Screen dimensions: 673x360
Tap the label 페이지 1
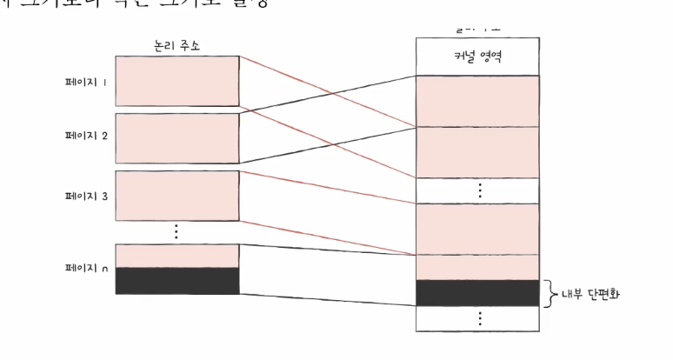pyautogui.click(x=86, y=83)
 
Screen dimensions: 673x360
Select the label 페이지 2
pyautogui.click(x=86, y=137)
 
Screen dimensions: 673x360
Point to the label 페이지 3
pyautogui.click(x=86, y=196)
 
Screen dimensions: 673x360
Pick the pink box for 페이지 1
pyautogui.click(x=177, y=81)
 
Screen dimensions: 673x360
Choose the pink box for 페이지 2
pyautogui.click(x=177, y=137)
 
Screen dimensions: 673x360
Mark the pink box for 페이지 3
pyautogui.click(x=177, y=196)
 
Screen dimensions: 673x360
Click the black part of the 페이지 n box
pyautogui.click(x=177, y=281)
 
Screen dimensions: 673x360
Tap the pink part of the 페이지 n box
pyautogui.click(x=177, y=256)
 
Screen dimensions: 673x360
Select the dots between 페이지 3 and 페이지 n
pyautogui.click(x=176, y=231)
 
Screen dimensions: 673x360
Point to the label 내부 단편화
pyautogui.click(x=589, y=294)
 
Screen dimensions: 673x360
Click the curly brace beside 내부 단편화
pyautogui.click(x=548, y=293)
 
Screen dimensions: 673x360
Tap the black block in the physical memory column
pyautogui.click(x=477, y=292)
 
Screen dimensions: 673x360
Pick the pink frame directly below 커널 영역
pyautogui.click(x=477, y=101)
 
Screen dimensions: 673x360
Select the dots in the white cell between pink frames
pyautogui.click(x=478, y=190)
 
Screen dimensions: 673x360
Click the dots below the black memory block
pyautogui.click(x=478, y=318)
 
